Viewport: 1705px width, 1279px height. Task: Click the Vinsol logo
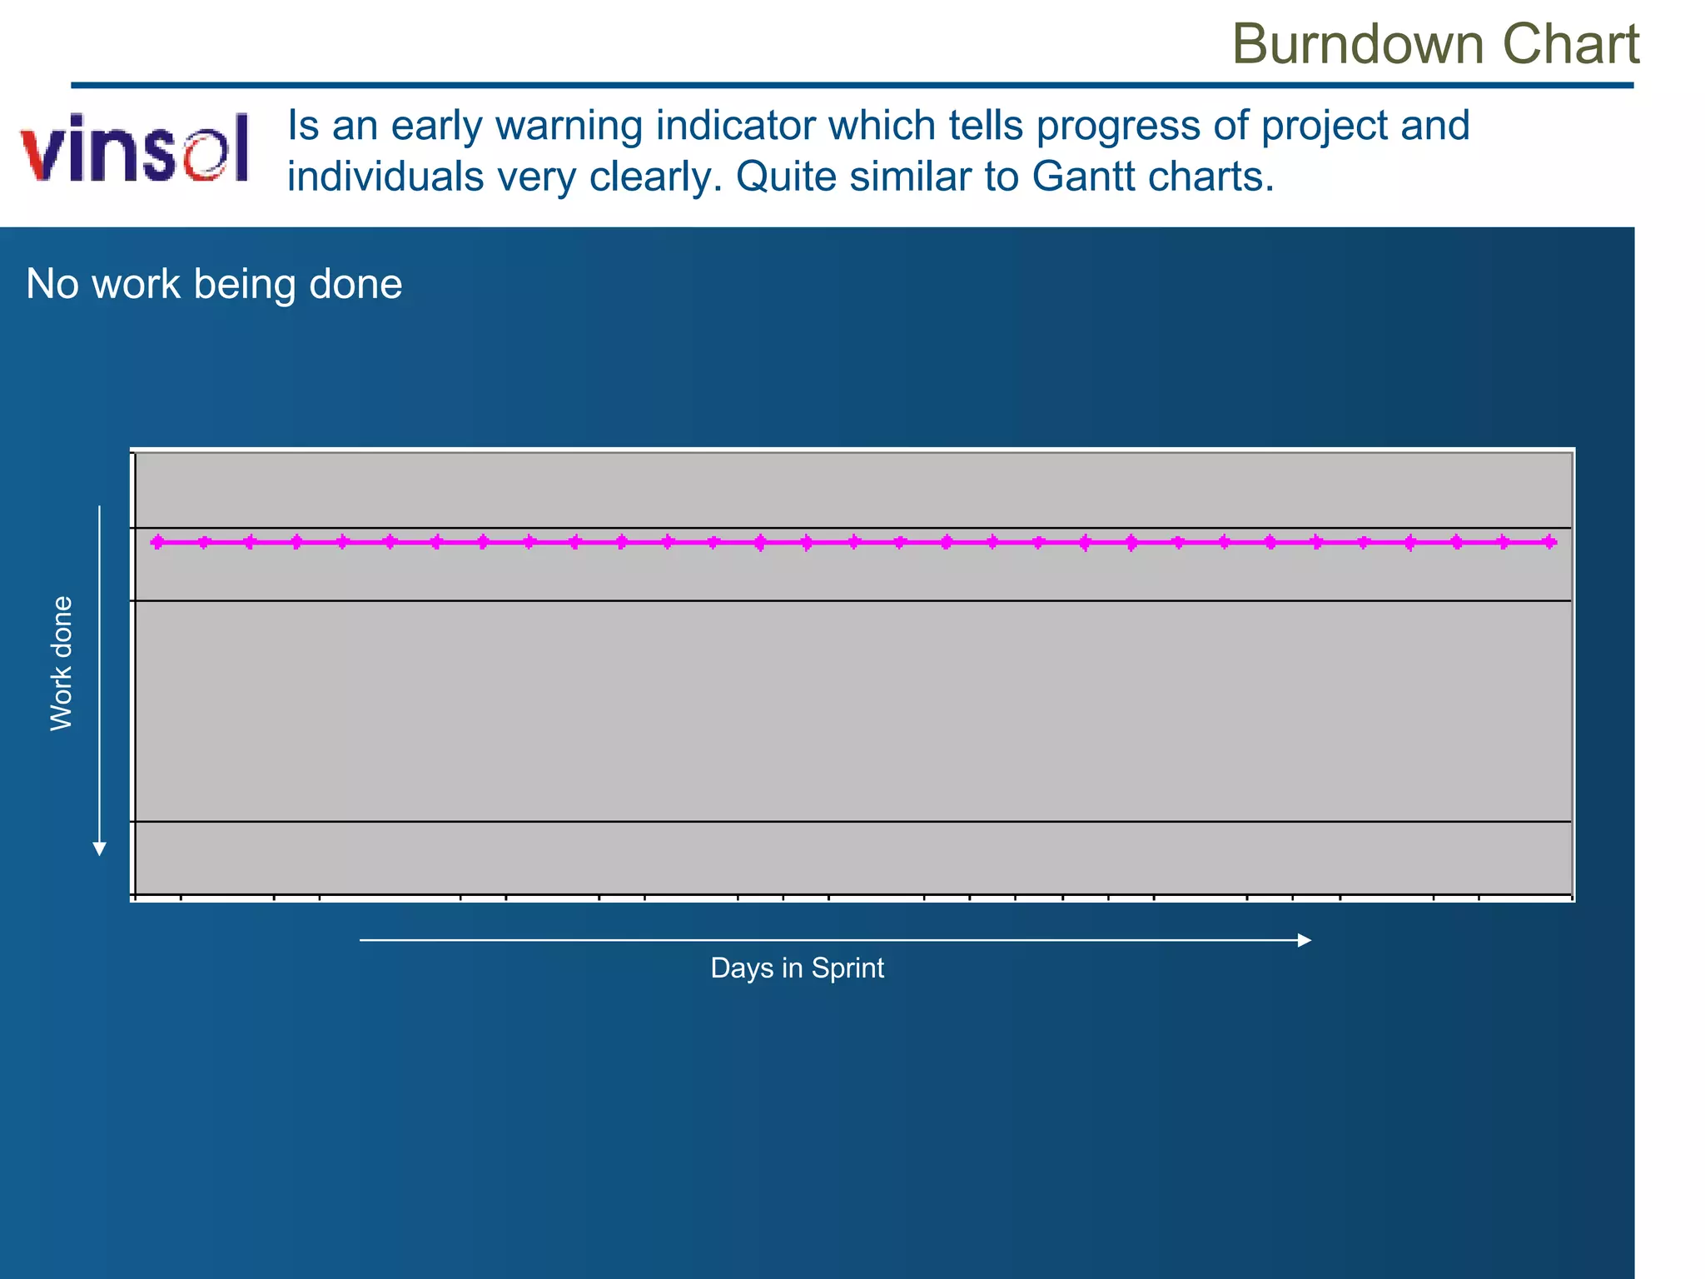[135, 148]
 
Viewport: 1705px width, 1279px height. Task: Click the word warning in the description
[569, 127]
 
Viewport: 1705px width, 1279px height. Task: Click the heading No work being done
[214, 284]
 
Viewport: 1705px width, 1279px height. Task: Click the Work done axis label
[62, 664]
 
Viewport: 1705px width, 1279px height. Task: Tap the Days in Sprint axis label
[797, 968]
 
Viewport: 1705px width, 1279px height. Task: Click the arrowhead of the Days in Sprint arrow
[1305, 940]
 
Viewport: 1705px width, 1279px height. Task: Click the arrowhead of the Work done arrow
[99, 849]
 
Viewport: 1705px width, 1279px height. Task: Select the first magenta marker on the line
[158, 542]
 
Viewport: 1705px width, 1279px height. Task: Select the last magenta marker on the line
[1549, 542]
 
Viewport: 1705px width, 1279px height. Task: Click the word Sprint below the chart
[847, 968]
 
